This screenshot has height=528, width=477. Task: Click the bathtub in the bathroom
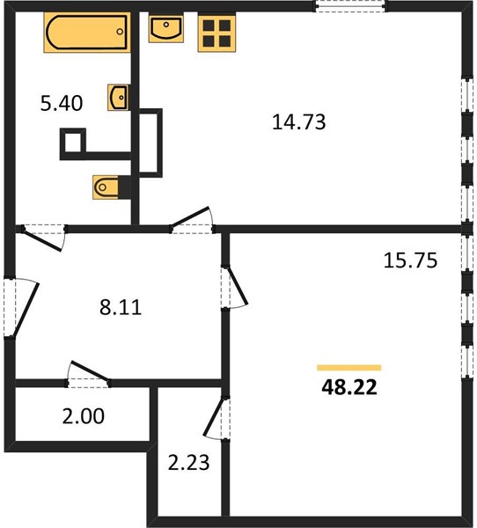87,33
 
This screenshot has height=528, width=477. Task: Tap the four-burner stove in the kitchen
216,33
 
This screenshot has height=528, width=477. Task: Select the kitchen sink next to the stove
166,28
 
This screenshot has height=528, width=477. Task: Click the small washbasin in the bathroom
119,98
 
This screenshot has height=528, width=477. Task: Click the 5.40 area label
62,103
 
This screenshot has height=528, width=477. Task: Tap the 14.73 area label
299,122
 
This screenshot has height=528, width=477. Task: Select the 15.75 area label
410,260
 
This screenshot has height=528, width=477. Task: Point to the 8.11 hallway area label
121,307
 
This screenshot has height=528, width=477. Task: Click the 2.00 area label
84,416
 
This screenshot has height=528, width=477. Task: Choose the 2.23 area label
188,463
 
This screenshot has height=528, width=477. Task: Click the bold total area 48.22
349,387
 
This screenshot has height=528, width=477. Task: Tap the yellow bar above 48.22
349,368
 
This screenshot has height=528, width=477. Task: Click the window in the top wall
350,6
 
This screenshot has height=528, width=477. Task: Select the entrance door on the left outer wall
21,306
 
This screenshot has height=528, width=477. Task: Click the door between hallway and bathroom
44,237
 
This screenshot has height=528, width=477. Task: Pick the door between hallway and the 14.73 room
192,220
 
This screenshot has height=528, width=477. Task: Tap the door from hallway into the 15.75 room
234,287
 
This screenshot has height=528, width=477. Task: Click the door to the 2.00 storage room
89,375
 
